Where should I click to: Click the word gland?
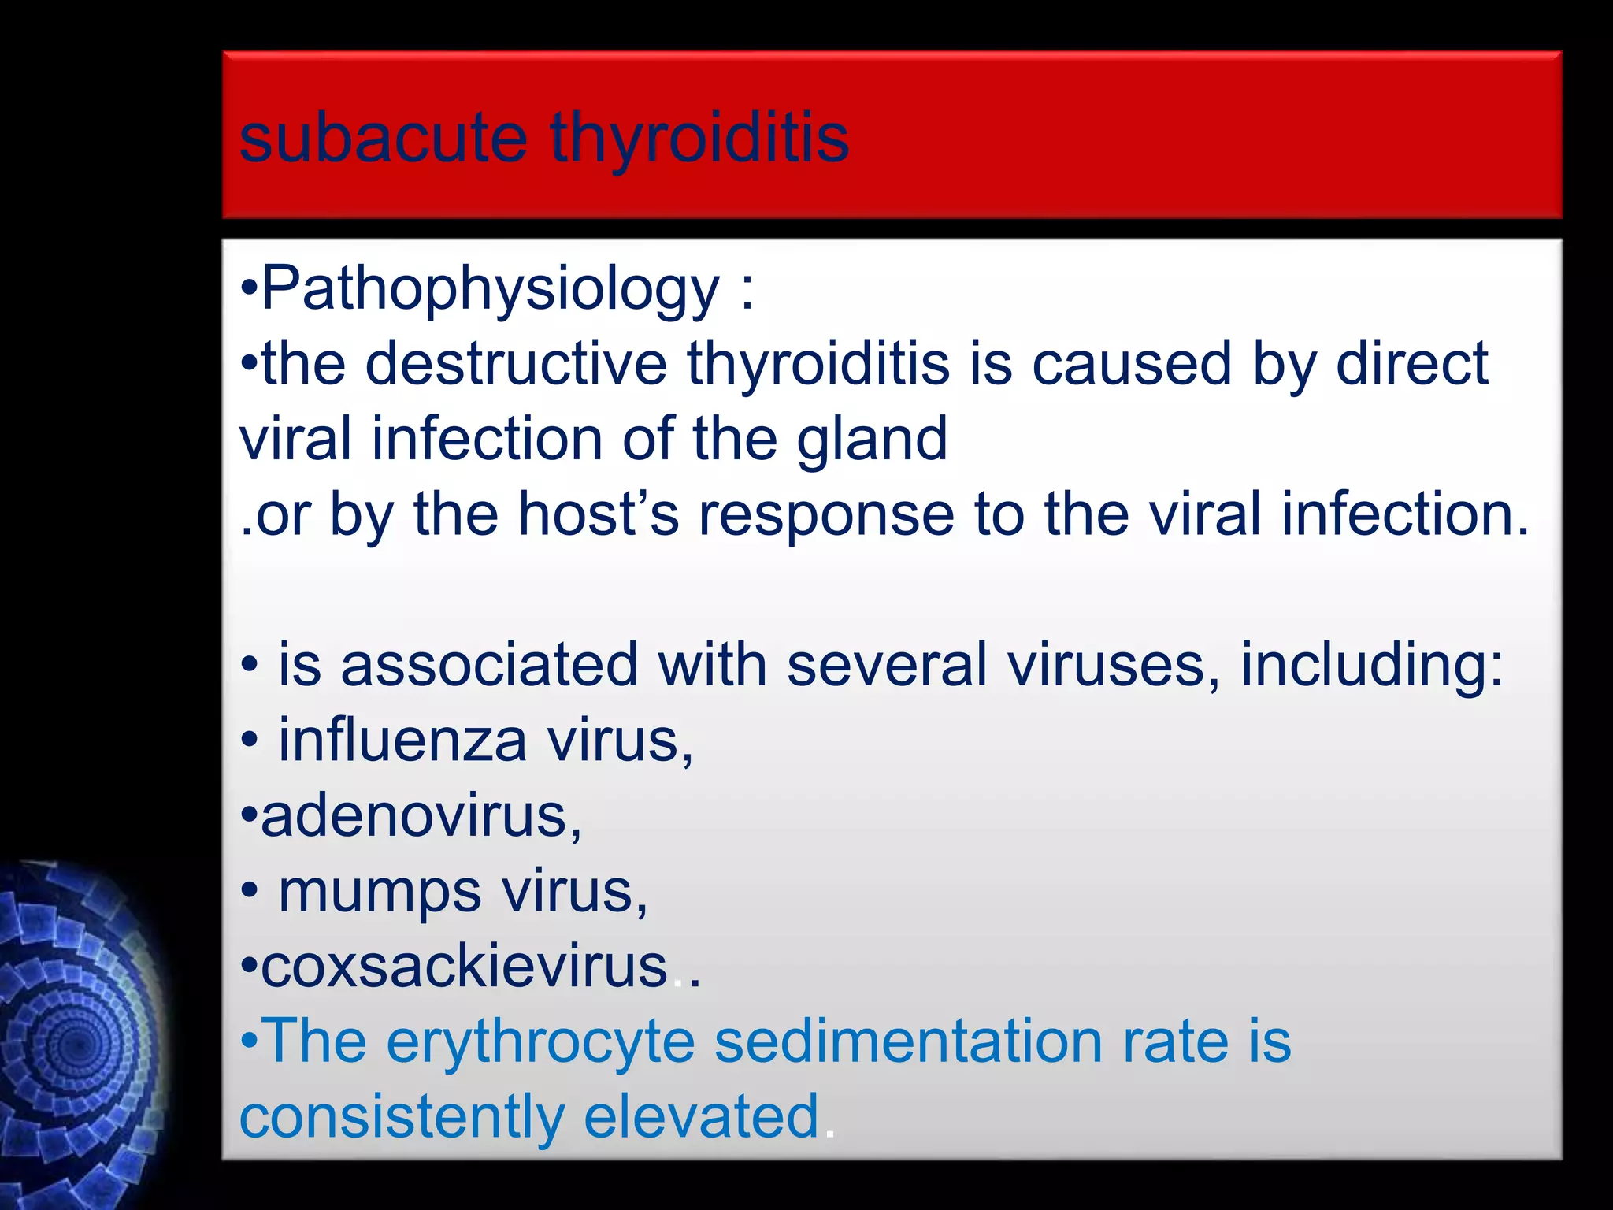[x=872, y=440]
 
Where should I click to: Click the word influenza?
[x=402, y=740]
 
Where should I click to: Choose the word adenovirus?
[x=421, y=816]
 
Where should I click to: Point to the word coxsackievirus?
[x=464, y=967]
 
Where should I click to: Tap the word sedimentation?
[x=908, y=1041]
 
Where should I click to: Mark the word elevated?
[x=701, y=1116]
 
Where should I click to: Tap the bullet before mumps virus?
[x=249, y=893]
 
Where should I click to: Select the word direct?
[x=1411, y=364]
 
